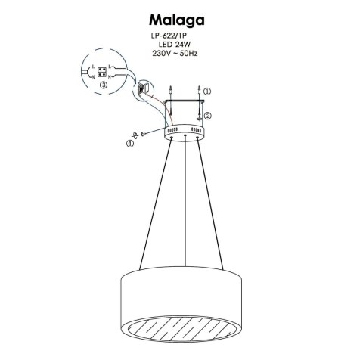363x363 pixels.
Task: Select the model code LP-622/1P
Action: pyautogui.click(x=178, y=36)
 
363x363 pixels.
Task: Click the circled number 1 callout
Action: pyautogui.click(x=208, y=90)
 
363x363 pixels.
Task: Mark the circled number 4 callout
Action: pyautogui.click(x=129, y=143)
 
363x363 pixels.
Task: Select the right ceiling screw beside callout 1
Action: pyautogui.click(x=198, y=92)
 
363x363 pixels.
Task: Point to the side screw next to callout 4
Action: pyautogui.click(x=144, y=135)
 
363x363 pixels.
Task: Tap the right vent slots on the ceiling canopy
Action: pyautogui.click(x=197, y=130)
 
